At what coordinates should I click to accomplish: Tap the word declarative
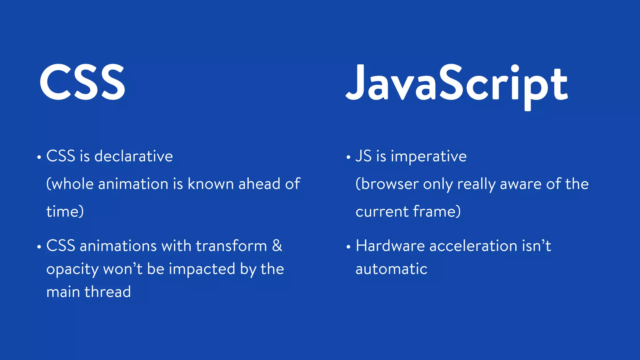tap(133, 156)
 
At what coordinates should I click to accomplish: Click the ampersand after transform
tap(277, 246)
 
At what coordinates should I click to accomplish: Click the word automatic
tap(391, 269)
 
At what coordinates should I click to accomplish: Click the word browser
tap(390, 184)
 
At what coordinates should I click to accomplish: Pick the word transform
tap(231, 246)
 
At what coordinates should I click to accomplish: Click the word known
tap(210, 184)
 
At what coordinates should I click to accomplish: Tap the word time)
tap(65, 212)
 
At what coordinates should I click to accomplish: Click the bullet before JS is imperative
tap(348, 157)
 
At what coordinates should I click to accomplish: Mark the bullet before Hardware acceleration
tap(348, 247)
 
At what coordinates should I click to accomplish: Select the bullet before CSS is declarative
tap(39, 157)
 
